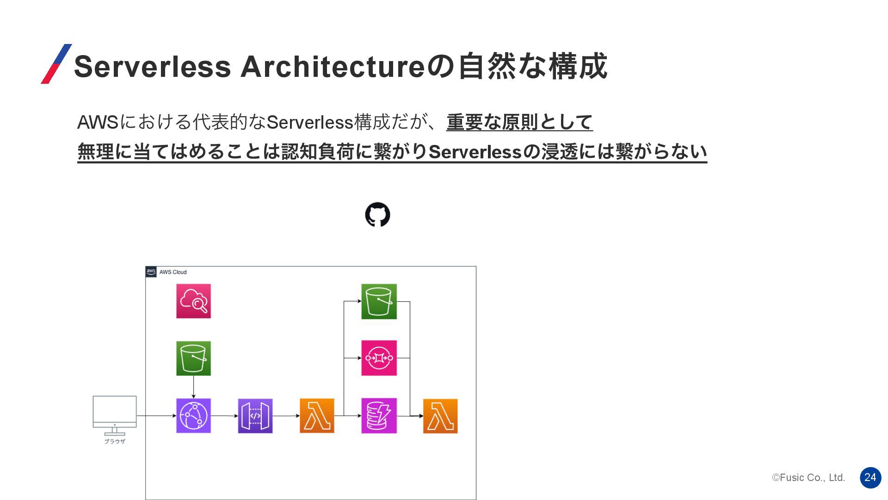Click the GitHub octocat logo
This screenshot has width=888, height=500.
pyautogui.click(x=377, y=214)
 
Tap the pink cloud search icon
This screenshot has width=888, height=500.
pyautogui.click(x=193, y=301)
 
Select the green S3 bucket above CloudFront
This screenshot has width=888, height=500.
pyautogui.click(x=193, y=358)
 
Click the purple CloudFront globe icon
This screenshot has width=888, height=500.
pyautogui.click(x=193, y=416)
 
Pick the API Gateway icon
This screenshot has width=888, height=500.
pyautogui.click(x=255, y=416)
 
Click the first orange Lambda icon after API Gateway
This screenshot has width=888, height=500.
pyautogui.click(x=317, y=416)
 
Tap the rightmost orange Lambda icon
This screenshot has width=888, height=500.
pyautogui.click(x=440, y=416)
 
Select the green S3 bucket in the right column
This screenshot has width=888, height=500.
pyautogui.click(x=379, y=301)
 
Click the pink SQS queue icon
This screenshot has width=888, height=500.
pyautogui.click(x=379, y=358)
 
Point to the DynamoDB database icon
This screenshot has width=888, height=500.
pyautogui.click(x=379, y=416)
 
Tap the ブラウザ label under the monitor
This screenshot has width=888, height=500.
pyautogui.click(x=115, y=442)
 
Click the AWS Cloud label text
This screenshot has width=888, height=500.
pyautogui.click(x=173, y=272)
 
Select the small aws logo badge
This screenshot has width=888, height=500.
pyautogui.click(x=151, y=272)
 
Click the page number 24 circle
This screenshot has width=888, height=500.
pyautogui.click(x=870, y=477)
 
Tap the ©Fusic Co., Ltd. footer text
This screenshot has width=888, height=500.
pyautogui.click(x=808, y=478)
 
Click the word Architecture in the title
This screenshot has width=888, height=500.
pyautogui.click(x=332, y=66)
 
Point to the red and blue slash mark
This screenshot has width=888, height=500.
pyautogui.click(x=56, y=64)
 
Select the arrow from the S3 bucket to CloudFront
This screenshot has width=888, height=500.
pyautogui.click(x=193, y=387)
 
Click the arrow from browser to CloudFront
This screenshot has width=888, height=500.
pyautogui.click(x=156, y=416)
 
